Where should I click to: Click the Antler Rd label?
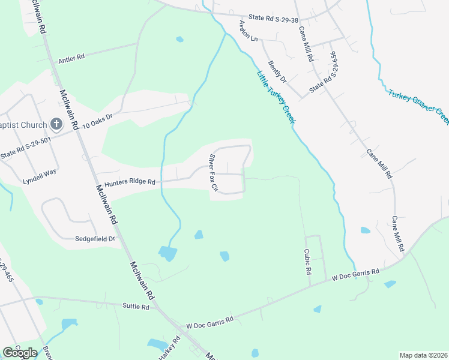pyautogui.click(x=72, y=59)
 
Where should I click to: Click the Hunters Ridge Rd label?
pyautogui.click(x=130, y=182)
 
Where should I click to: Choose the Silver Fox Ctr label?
pyautogui.click(x=213, y=173)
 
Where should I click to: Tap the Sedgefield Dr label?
pyautogui.click(x=95, y=238)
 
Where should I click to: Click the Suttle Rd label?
pyautogui.click(x=135, y=307)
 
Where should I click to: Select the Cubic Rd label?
pyautogui.click(x=308, y=262)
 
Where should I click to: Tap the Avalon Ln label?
pyautogui.click(x=248, y=31)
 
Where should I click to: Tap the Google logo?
pyautogui.click(x=20, y=352)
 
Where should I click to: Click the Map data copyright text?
pyautogui.click(x=423, y=355)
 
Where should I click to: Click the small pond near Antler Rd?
pyautogui.click(x=179, y=40)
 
